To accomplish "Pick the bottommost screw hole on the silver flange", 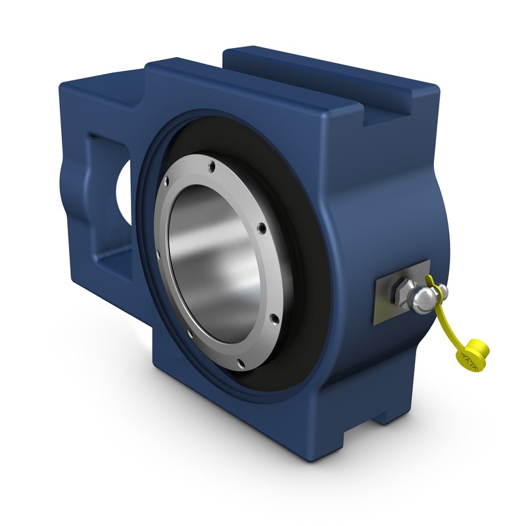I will (x=241, y=362).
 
